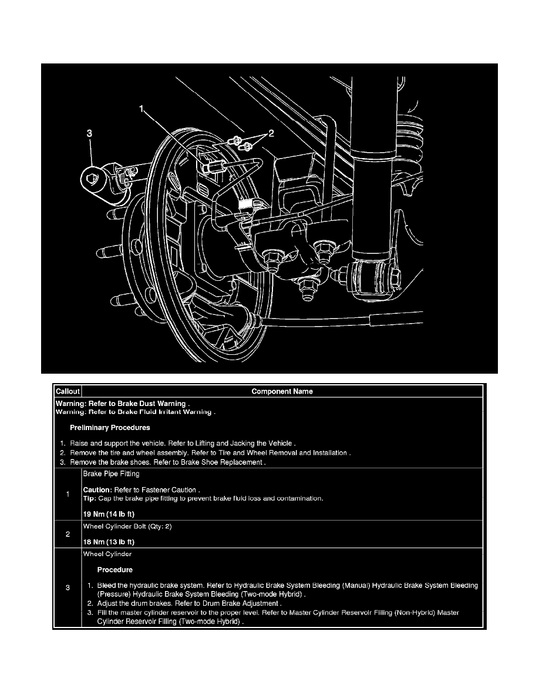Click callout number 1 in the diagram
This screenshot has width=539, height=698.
coord(141,109)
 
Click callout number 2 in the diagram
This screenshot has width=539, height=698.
coord(271,134)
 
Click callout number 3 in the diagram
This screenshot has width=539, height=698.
coord(89,134)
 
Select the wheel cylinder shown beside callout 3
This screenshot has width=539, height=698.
coord(97,179)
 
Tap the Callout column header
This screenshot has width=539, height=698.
coord(68,391)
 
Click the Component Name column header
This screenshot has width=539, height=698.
coord(282,391)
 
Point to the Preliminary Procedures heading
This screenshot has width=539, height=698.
coord(110,427)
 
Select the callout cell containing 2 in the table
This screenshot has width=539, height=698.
coord(68,534)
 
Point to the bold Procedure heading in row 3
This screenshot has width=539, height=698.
coord(114,569)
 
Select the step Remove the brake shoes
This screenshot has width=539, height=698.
coord(167,462)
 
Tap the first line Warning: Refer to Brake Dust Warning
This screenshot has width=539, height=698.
coord(122,404)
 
